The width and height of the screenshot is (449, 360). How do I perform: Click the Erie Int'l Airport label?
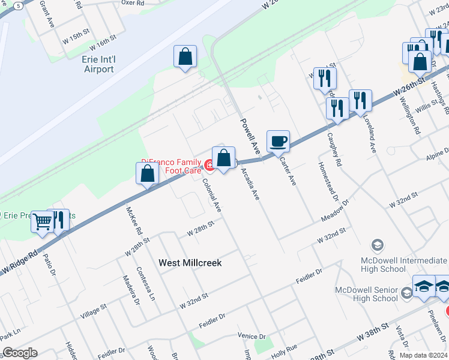pos(98,64)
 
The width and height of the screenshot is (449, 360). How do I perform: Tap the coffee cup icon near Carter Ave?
pos(278,142)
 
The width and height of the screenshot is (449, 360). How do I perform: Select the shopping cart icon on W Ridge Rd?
pos(42,221)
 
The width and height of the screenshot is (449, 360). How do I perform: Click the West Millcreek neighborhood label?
pos(190,263)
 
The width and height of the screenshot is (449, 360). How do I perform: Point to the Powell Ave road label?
pos(250,134)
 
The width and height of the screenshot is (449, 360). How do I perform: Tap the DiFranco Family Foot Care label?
pos(172,166)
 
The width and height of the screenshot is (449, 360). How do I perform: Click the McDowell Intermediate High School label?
pos(403,265)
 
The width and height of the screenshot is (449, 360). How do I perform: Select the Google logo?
pos(20,353)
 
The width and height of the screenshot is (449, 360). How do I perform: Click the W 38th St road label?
pos(374,332)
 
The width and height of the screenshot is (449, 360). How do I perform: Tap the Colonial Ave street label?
pos(211,196)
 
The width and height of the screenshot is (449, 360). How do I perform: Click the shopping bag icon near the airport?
pos(185,57)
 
